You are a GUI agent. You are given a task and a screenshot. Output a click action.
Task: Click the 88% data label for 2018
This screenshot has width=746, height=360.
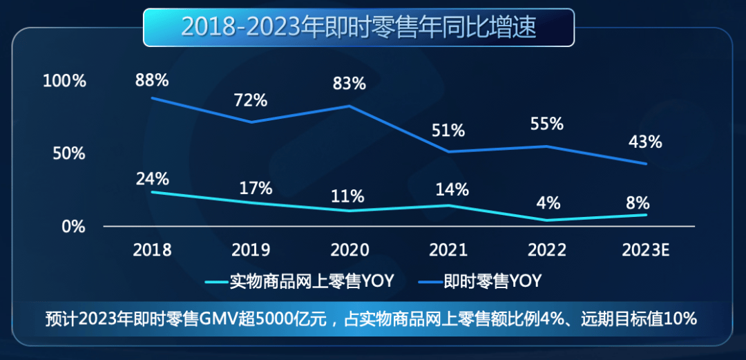[152, 80]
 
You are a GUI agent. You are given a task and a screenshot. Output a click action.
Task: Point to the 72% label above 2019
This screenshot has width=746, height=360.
[250, 100]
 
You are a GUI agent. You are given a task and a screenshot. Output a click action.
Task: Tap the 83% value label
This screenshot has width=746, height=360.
[349, 84]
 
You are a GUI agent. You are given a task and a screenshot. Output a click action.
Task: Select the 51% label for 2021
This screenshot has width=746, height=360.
[448, 130]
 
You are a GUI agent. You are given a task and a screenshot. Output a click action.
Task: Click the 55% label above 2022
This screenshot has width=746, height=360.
[546, 124]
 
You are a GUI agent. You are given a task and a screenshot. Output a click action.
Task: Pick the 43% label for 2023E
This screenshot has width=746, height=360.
[645, 142]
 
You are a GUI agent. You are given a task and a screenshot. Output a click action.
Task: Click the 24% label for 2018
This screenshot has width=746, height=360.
[152, 178]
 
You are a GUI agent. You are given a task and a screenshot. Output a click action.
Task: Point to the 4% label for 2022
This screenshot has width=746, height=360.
[547, 204]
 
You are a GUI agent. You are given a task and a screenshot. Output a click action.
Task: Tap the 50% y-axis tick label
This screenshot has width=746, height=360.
[69, 153]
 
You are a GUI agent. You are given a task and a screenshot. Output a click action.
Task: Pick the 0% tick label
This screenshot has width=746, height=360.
[73, 227]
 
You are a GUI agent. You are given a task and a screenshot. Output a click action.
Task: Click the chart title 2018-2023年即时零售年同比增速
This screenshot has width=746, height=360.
[358, 28]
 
